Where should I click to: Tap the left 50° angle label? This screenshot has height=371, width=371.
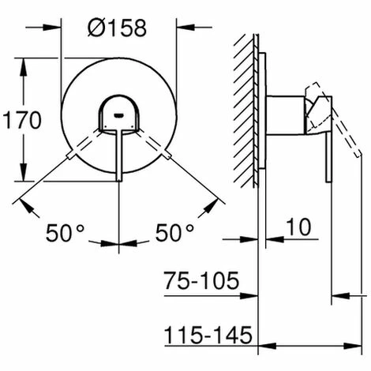[65, 233]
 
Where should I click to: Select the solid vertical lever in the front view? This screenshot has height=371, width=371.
[118, 154]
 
